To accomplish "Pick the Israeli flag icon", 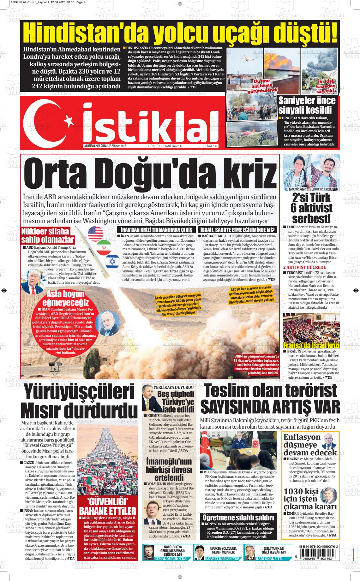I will [x=112, y=261].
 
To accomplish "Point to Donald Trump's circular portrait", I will [x=33, y=281].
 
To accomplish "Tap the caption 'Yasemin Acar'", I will [x=297, y=189].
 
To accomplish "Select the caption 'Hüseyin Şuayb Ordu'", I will [x=326, y=189].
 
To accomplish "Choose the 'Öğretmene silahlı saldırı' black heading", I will [x=238, y=518].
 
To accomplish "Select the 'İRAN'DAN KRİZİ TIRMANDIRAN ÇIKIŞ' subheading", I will [x=156, y=230].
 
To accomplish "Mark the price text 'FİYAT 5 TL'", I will [x=212, y=146].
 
